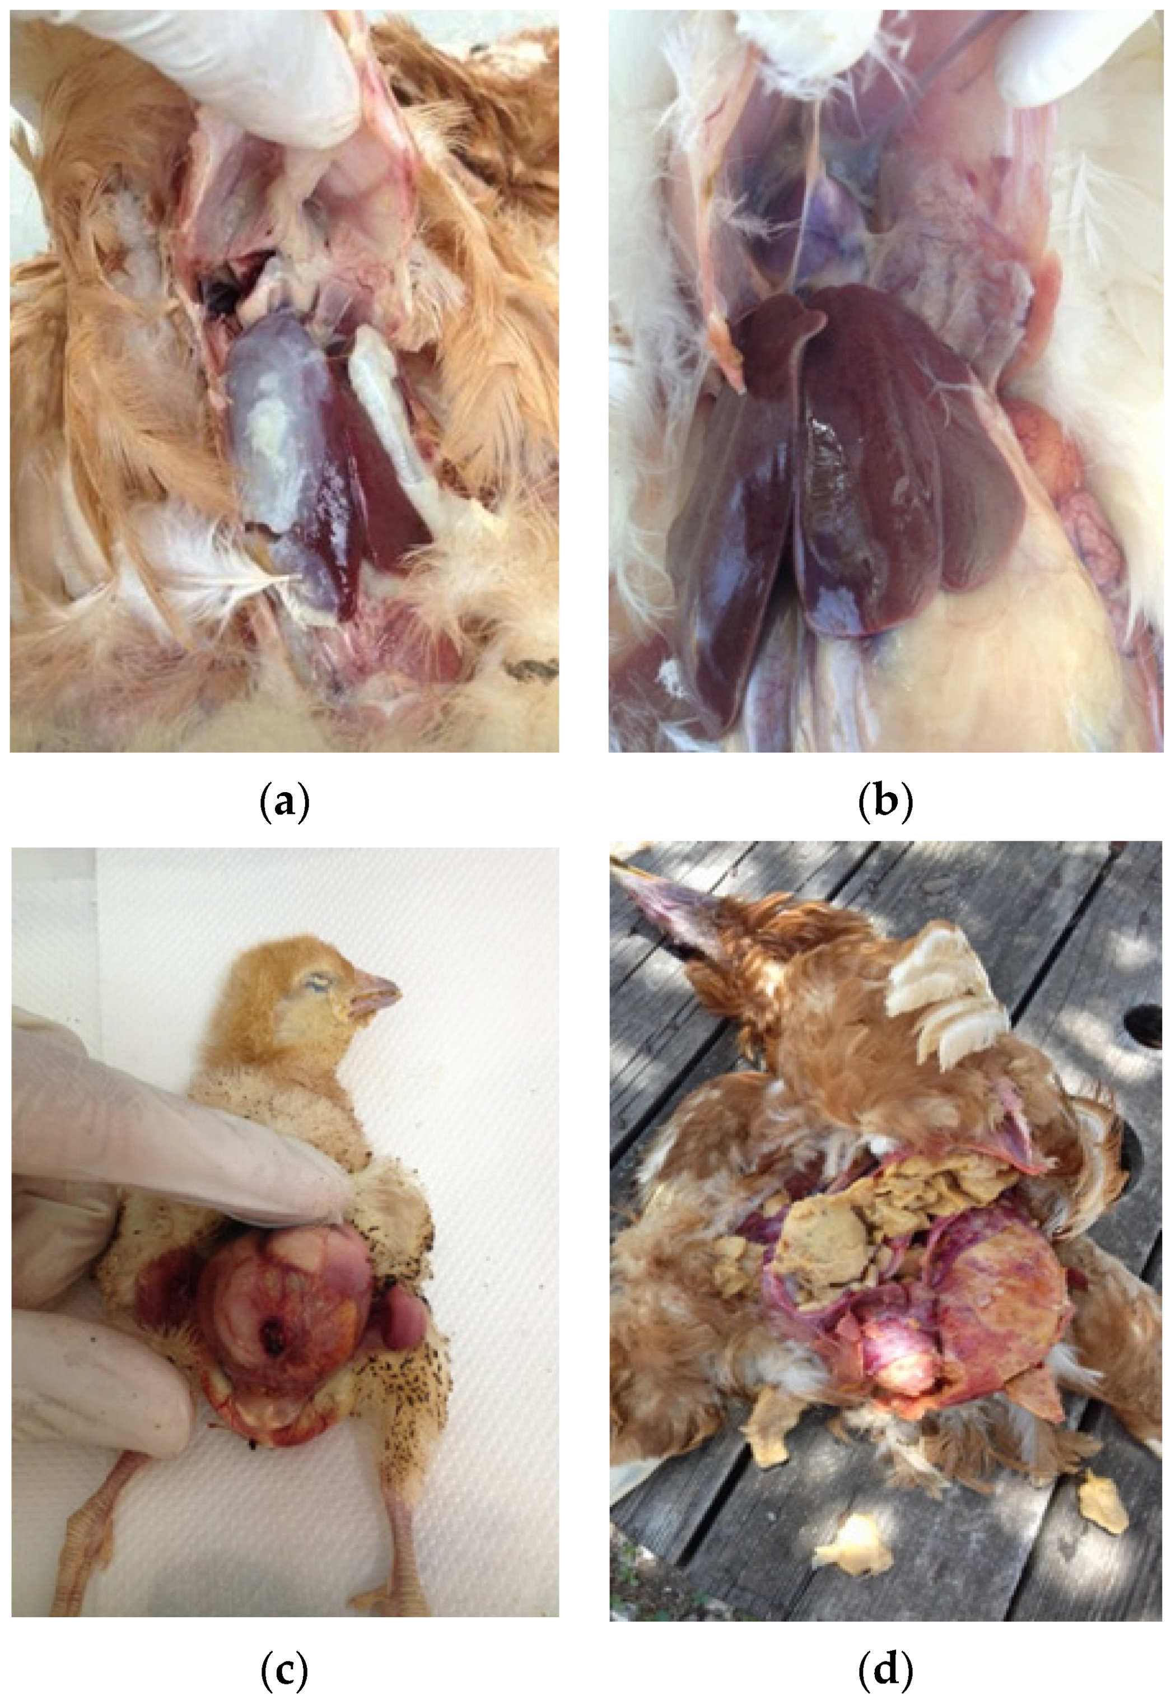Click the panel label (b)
pos(887,805)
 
